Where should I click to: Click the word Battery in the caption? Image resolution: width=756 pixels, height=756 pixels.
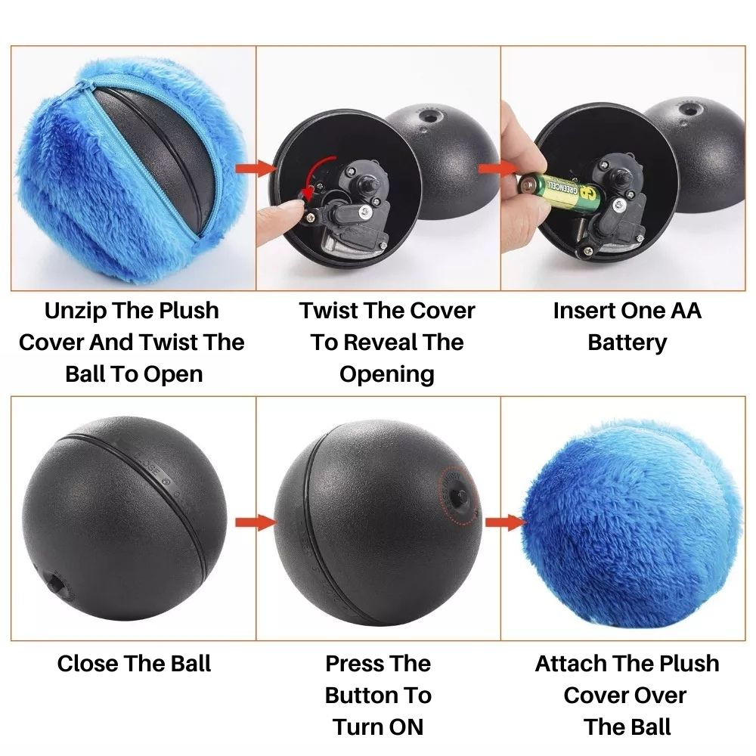point(627,342)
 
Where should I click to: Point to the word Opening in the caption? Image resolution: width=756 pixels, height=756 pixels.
point(386,374)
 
